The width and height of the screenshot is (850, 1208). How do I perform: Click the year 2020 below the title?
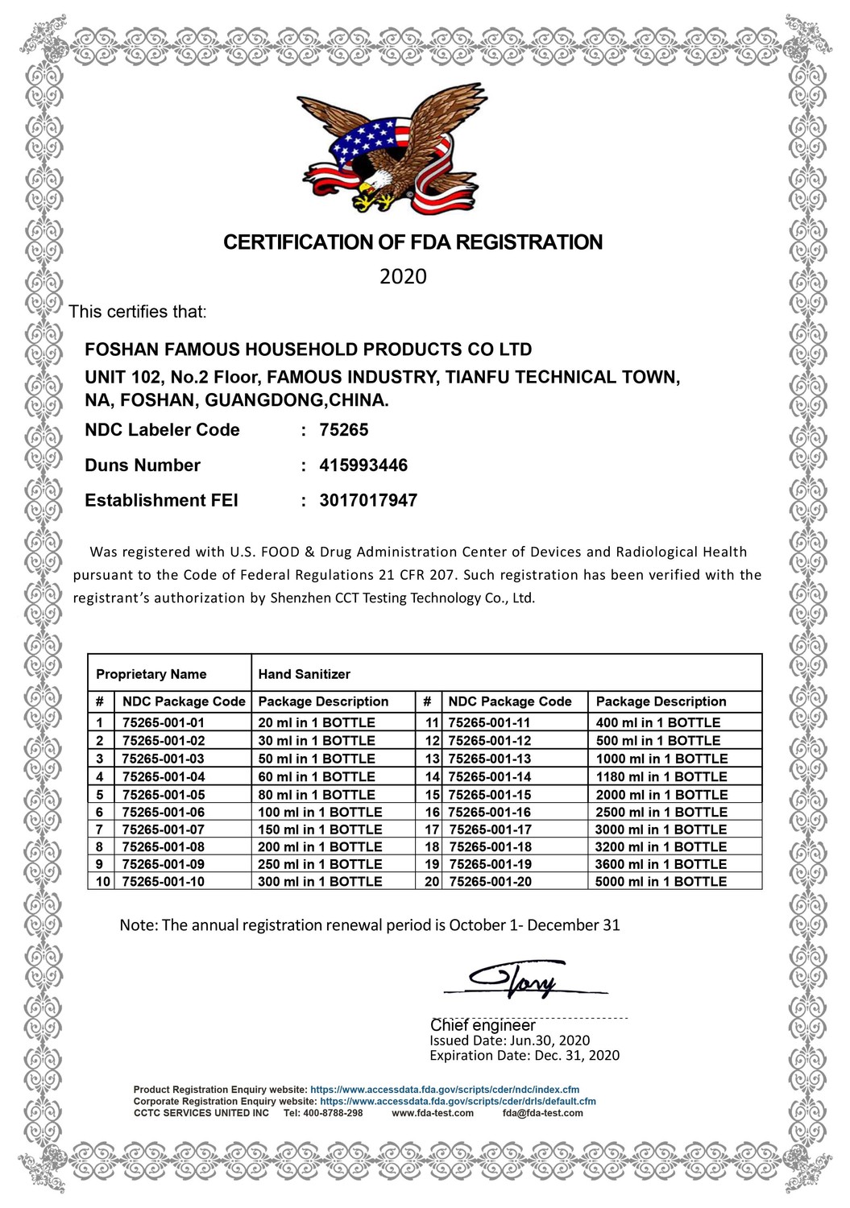(403, 277)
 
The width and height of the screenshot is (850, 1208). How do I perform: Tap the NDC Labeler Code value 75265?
(344, 430)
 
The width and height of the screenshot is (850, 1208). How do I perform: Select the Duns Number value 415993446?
(363, 465)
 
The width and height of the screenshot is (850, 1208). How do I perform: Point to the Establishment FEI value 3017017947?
(368, 501)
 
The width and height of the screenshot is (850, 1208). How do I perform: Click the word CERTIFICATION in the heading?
(295, 242)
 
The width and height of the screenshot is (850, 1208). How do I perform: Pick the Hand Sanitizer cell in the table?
(305, 674)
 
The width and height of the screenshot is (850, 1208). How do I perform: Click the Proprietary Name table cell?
(151, 674)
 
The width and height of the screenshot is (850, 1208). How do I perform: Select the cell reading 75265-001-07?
(164, 829)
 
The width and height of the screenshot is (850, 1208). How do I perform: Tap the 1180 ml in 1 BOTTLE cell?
(661, 777)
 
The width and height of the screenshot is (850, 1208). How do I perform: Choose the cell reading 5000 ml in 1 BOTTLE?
(661, 882)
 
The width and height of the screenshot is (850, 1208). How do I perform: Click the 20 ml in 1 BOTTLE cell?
(317, 723)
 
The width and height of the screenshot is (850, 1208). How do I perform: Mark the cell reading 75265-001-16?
(490, 813)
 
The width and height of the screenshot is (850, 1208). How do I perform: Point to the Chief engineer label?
(483, 1026)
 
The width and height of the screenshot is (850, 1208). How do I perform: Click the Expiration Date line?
(525, 1056)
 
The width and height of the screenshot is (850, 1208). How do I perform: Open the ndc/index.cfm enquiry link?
(445, 1090)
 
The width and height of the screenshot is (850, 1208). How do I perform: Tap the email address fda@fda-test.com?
(542, 1113)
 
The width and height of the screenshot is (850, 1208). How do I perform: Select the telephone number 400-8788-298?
(333, 1113)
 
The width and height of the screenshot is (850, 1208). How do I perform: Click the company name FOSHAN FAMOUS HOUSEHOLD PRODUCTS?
(309, 350)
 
